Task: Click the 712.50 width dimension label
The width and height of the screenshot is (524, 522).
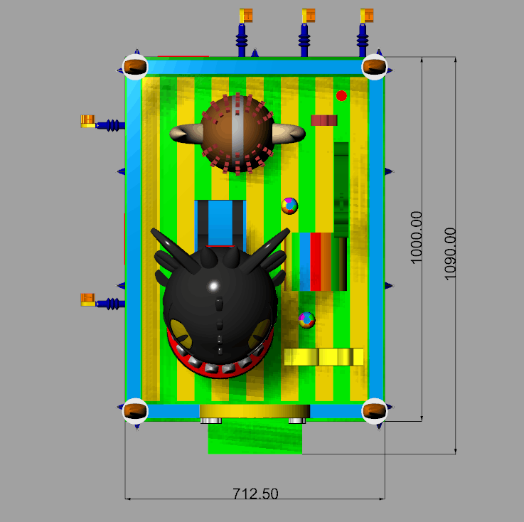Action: (255, 494)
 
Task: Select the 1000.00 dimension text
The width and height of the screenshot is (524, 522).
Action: (417, 238)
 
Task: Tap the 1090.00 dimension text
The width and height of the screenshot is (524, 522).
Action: (450, 254)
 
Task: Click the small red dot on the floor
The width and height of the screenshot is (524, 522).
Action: (341, 95)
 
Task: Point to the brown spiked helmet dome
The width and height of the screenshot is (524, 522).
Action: (237, 134)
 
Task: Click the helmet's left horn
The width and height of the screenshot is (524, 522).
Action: (186, 133)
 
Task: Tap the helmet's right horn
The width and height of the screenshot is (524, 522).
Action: (289, 133)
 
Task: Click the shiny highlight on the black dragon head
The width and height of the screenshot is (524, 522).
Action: (214, 286)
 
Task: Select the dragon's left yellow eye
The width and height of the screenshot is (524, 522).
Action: (181, 334)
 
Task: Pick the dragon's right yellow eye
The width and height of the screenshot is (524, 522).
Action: (260, 333)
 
